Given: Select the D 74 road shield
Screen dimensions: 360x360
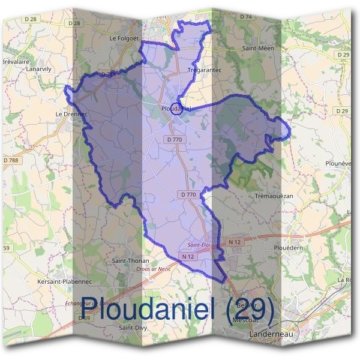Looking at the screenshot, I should [246, 17].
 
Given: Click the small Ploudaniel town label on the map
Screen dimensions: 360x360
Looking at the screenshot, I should [175, 109].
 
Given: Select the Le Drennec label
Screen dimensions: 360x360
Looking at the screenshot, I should [72, 113].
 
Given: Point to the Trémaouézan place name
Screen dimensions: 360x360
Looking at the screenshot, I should [274, 197].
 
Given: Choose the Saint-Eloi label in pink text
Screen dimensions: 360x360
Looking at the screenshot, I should [199, 245].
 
